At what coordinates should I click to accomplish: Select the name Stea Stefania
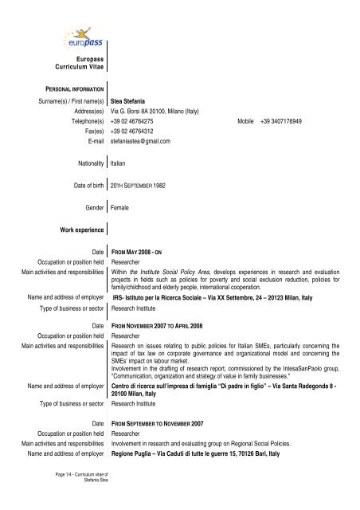click(x=127, y=103)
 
